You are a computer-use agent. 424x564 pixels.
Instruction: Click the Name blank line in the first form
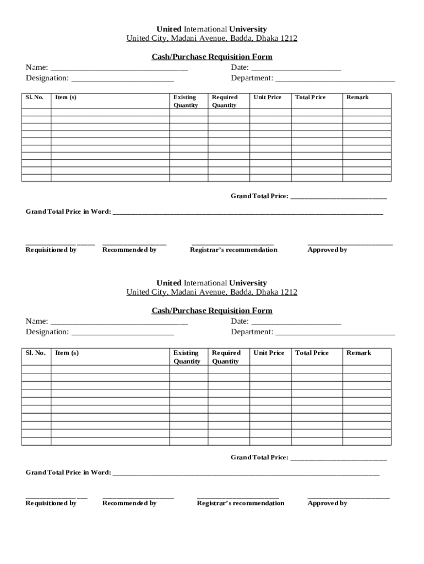pos(119,69)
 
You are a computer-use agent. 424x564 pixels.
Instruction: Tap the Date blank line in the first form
pos(296,69)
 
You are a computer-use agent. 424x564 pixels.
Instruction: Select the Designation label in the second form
pos(47,332)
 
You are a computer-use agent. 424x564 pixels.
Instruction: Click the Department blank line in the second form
pos(335,333)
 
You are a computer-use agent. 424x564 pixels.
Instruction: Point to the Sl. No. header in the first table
pos(35,97)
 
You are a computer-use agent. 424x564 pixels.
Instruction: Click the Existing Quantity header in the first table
pos(186,101)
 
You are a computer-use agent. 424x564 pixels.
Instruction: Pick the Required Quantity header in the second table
pos(226,357)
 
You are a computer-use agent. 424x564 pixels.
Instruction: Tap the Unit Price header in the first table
pos(267,97)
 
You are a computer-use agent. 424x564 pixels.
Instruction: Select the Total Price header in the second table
pos(312,353)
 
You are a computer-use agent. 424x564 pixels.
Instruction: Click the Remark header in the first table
pos(357,97)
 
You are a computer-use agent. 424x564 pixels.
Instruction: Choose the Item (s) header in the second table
pos(67,353)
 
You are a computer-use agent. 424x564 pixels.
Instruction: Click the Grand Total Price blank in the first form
pos(338,198)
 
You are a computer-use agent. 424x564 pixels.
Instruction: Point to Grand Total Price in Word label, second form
pos(68,472)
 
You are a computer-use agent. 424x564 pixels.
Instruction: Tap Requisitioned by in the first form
pos(51,250)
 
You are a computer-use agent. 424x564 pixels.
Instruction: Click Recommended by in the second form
pos(129,503)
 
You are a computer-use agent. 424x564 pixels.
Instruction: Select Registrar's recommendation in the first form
pos(233,250)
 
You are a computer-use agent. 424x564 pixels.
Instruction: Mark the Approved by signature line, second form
pos(348,497)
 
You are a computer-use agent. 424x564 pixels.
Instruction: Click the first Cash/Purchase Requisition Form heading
pos(212,57)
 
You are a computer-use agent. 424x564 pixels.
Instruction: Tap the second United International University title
pos(212,283)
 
